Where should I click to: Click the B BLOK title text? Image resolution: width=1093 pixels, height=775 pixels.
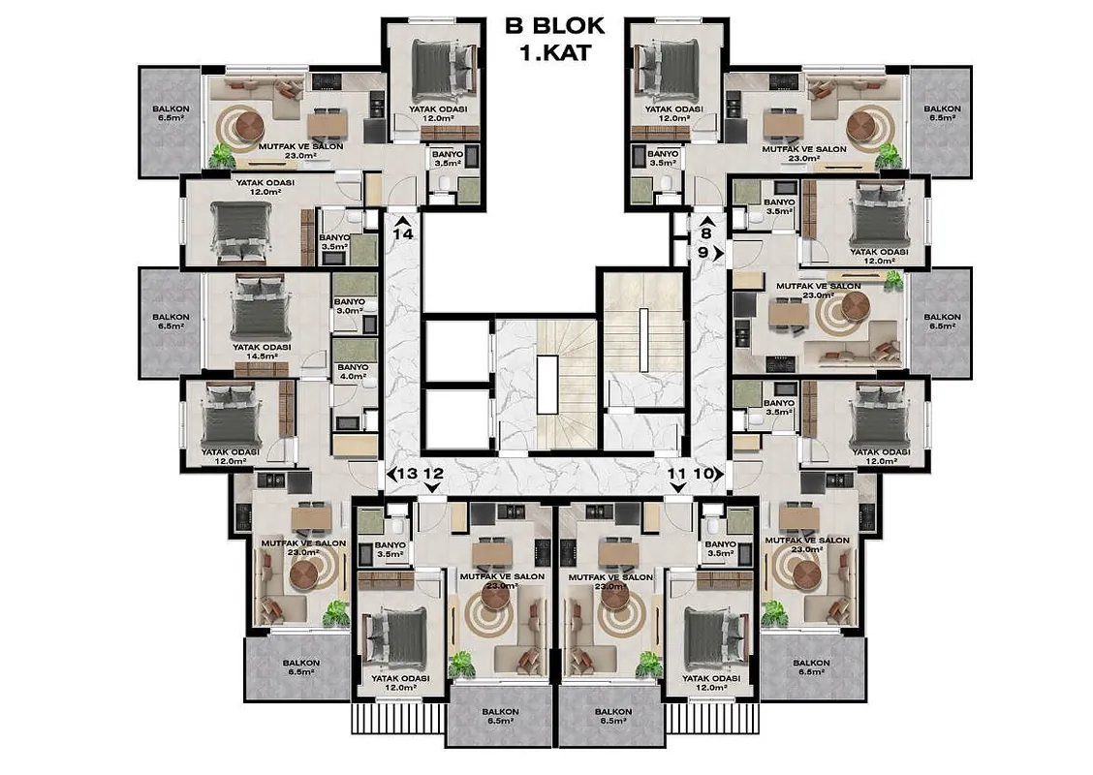(555, 26)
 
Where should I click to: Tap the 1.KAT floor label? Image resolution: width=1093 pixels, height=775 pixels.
(555, 52)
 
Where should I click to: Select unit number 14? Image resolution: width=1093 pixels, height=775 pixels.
(403, 234)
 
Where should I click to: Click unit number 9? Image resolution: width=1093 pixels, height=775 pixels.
(703, 252)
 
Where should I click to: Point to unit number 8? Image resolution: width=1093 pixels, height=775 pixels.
(706, 234)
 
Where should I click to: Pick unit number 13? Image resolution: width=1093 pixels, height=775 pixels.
(408, 474)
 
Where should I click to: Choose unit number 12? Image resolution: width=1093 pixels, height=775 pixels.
(433, 474)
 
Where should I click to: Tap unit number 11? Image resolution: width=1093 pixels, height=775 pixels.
(676, 474)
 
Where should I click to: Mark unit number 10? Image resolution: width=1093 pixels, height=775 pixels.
(703, 474)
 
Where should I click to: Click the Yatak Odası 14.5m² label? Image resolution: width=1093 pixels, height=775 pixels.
(262, 352)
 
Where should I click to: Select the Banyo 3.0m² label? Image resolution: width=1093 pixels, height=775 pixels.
(350, 306)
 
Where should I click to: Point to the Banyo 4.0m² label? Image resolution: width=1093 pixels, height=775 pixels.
(353, 371)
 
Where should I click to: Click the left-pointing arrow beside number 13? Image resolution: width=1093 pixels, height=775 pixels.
(391, 474)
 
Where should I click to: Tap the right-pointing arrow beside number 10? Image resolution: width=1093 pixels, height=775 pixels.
(719, 474)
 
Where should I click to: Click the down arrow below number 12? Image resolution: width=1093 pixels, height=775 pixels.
(433, 488)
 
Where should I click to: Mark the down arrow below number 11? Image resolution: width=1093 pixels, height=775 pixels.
(676, 488)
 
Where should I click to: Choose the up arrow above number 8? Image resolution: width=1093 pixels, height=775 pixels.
(706, 221)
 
